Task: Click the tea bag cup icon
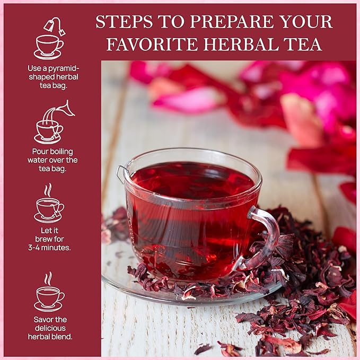49,39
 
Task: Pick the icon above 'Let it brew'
49,204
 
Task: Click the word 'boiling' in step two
63,152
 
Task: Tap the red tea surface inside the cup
191,183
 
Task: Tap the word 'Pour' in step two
41,152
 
